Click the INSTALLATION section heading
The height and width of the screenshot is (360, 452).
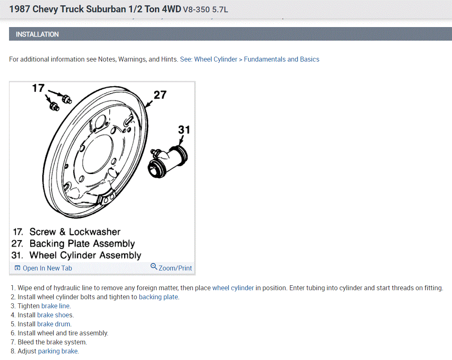[x=37, y=34]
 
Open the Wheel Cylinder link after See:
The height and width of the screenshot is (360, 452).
[x=215, y=59]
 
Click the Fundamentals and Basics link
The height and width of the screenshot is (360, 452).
[x=281, y=59]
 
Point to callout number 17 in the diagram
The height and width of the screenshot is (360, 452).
[x=38, y=88]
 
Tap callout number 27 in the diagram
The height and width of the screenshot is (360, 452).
[x=160, y=95]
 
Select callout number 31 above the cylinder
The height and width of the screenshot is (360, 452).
[x=184, y=130]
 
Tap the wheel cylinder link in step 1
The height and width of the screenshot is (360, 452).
[x=233, y=288]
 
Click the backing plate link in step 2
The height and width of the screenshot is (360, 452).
[x=158, y=297]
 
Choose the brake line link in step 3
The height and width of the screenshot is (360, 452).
[x=55, y=306]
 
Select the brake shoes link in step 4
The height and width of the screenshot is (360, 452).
[x=55, y=315]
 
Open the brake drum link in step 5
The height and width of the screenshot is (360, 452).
[x=54, y=324]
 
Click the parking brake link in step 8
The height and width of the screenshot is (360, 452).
[x=58, y=351]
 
